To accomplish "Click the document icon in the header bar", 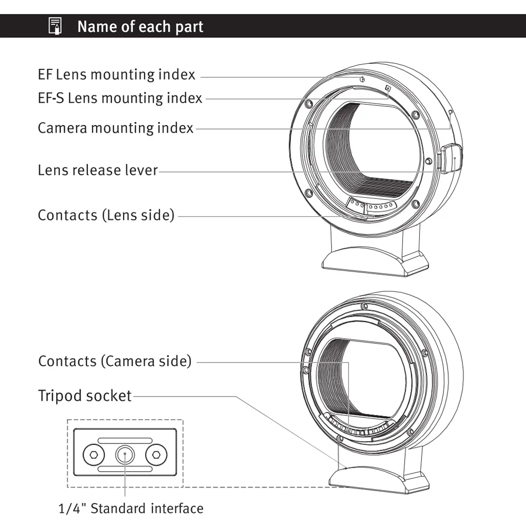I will (55, 26).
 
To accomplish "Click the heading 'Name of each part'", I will (140, 26).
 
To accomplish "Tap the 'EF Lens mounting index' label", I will (116, 75).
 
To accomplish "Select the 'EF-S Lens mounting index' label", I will (120, 98).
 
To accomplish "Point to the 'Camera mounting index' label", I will (116, 128).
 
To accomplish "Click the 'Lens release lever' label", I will (98, 170).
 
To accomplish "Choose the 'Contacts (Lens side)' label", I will (106, 215).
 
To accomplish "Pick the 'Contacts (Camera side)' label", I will (115, 362).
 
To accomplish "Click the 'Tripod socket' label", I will (85, 396).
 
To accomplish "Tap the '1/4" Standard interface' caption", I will (130, 509).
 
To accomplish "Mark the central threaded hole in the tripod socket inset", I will (125, 453).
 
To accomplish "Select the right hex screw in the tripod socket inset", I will (156, 454).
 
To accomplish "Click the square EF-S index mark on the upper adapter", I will (388, 88).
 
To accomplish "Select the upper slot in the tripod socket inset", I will (125, 440).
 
